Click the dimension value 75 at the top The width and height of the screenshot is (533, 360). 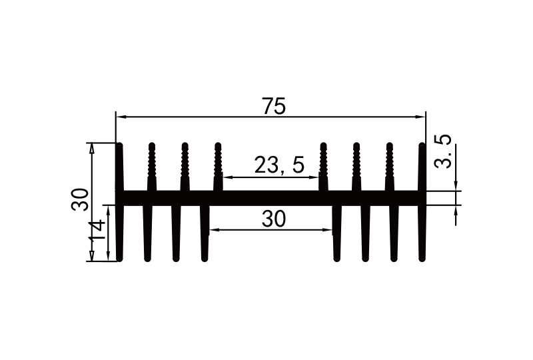coord(273,105)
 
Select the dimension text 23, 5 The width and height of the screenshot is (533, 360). coord(278,165)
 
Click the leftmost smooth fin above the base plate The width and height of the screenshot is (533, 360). coord(120,167)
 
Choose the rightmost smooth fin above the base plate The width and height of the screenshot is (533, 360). coord(422,167)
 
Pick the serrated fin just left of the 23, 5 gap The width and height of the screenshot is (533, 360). coord(218,167)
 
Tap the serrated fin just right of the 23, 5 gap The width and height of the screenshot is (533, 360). coord(324,167)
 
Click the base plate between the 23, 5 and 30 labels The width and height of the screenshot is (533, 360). coord(273,197)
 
